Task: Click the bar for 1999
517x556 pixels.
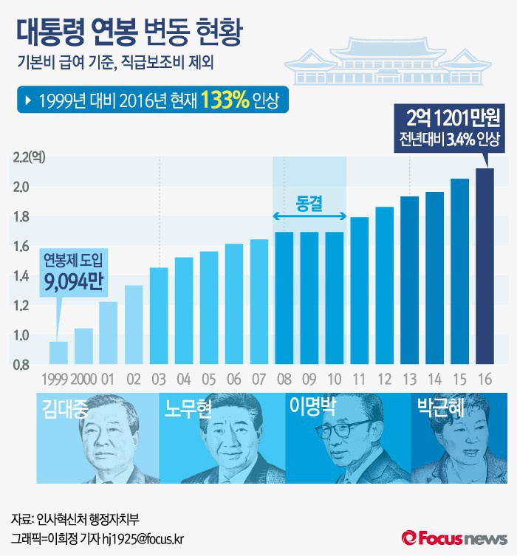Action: pos(58,353)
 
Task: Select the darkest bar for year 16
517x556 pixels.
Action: pos(485,266)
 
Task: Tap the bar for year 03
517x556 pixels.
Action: pos(159,315)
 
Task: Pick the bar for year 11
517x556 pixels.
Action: pos(360,290)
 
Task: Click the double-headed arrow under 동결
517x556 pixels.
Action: pos(310,216)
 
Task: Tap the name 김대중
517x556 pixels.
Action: pos(66,409)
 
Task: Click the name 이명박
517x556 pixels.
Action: pos(315,408)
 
